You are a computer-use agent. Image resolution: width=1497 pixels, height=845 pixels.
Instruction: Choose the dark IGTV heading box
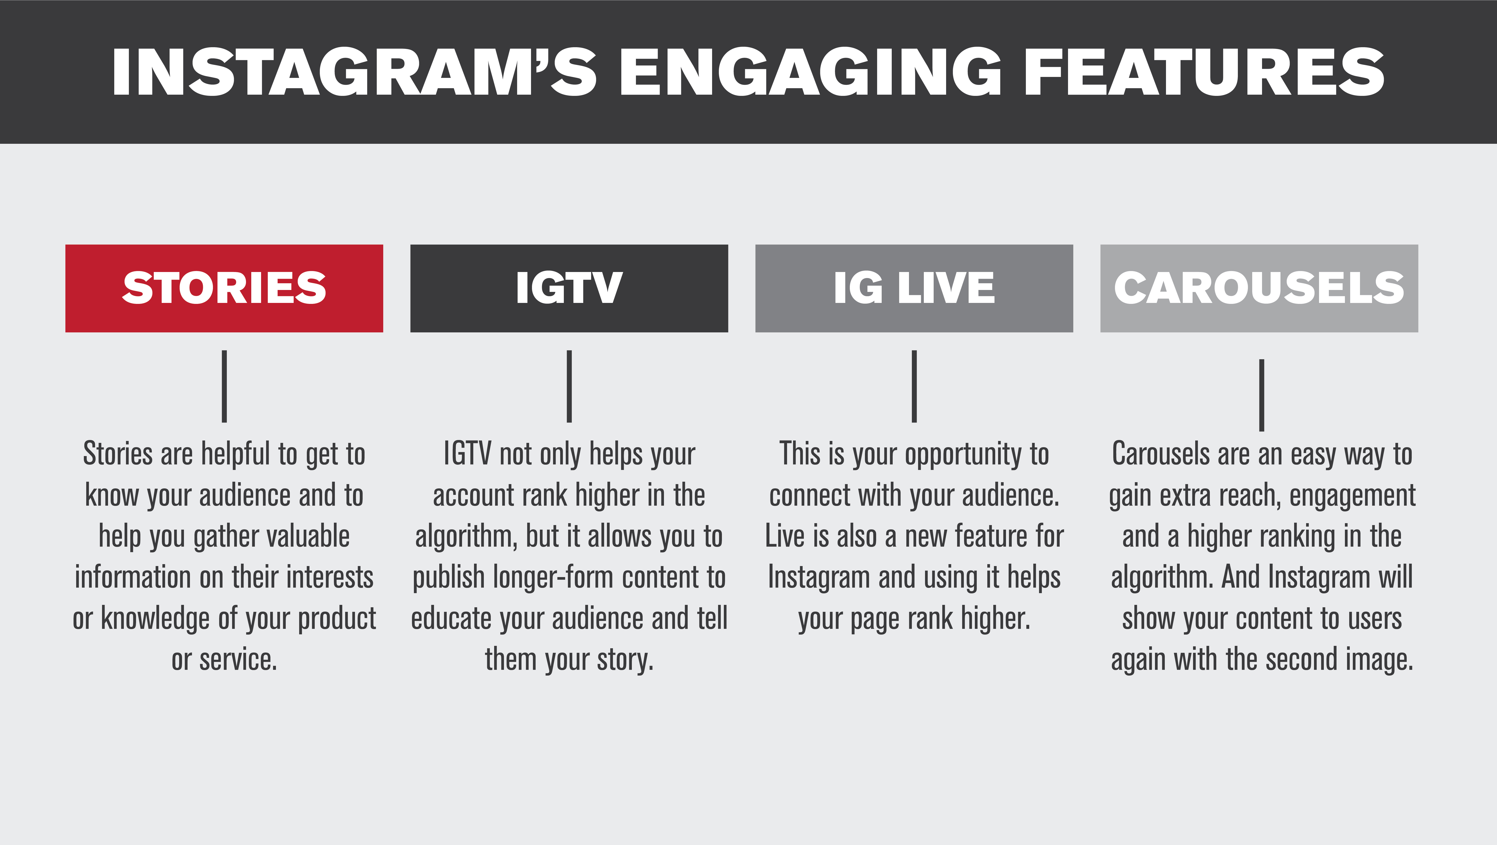tap(569, 289)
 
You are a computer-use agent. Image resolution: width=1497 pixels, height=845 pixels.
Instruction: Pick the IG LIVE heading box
tap(914, 289)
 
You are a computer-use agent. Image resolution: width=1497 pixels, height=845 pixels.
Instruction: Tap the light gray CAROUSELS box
tap(1259, 289)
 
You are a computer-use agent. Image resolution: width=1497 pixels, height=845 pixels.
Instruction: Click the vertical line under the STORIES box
tap(224, 386)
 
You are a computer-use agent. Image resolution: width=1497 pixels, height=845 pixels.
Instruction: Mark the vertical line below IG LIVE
tap(914, 386)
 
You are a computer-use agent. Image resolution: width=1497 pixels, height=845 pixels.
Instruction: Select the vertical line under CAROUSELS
tap(1262, 395)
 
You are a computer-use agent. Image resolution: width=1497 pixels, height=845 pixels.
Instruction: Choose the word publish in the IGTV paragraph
tap(449, 578)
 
